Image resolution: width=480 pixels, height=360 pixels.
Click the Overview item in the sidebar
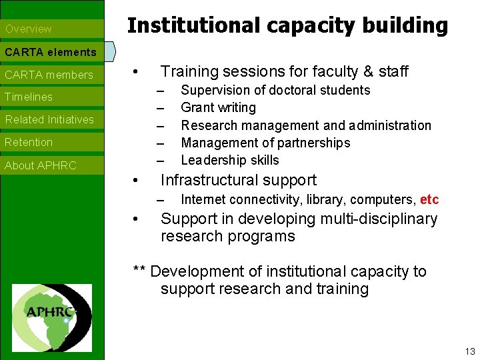[28, 29]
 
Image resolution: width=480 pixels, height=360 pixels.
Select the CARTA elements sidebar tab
[51, 51]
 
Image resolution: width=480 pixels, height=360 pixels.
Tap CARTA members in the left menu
[49, 75]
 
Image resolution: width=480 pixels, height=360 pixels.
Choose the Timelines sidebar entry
[29, 97]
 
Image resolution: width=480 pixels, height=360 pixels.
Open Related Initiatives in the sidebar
[49, 119]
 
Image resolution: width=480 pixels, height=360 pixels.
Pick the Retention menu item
[29, 142]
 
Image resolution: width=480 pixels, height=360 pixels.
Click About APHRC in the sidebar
[41, 165]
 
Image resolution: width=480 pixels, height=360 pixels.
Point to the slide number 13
[470, 351]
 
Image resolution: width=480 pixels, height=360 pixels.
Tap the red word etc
[429, 199]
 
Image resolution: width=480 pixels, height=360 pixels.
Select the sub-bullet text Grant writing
[218, 107]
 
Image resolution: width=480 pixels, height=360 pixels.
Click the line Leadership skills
[230, 160]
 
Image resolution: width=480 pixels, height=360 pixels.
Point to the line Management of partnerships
[265, 143]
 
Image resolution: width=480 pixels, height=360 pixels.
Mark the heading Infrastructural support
[239, 180]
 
